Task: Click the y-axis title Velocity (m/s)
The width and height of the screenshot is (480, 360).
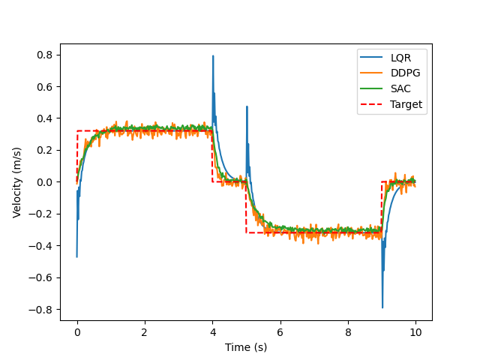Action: [x=17, y=182]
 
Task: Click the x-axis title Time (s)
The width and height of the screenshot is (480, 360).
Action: [x=246, y=347]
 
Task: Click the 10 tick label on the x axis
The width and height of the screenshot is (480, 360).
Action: [x=415, y=331]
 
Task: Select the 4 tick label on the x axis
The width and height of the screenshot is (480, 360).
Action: [x=212, y=331]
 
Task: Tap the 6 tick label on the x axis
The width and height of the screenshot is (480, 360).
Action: [x=280, y=331]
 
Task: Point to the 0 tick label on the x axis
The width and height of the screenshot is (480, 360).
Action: [x=77, y=331]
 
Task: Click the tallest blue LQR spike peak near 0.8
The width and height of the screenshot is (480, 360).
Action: [x=213, y=56]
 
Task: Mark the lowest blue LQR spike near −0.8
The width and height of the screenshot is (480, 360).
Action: [x=382, y=307]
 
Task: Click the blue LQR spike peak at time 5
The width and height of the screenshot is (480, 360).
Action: [x=247, y=107]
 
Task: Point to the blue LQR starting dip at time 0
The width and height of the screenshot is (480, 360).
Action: [x=76, y=256]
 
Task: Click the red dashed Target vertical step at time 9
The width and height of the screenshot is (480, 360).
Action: [x=382, y=207]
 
